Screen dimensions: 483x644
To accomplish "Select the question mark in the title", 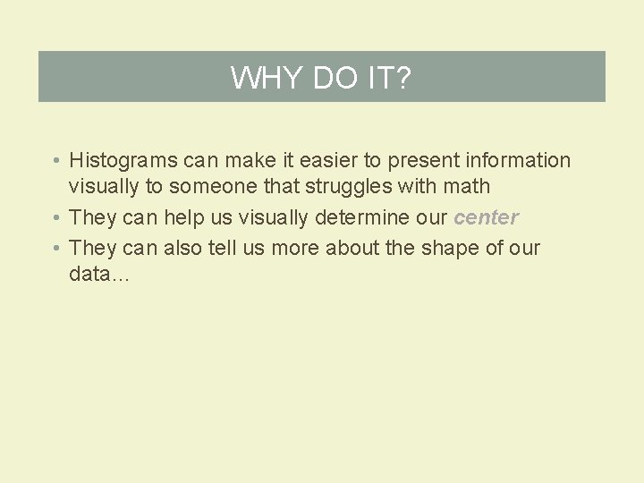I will tap(402, 78).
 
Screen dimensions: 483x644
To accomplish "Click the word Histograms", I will tap(123, 161).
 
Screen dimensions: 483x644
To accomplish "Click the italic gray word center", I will tap(487, 217).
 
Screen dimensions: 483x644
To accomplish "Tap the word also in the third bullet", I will tap(182, 248).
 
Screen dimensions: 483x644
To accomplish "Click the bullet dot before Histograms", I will tap(55, 162).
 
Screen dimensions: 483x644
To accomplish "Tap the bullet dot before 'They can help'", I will tap(55, 218).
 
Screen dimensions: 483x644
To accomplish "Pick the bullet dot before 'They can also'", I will tap(55, 249).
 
